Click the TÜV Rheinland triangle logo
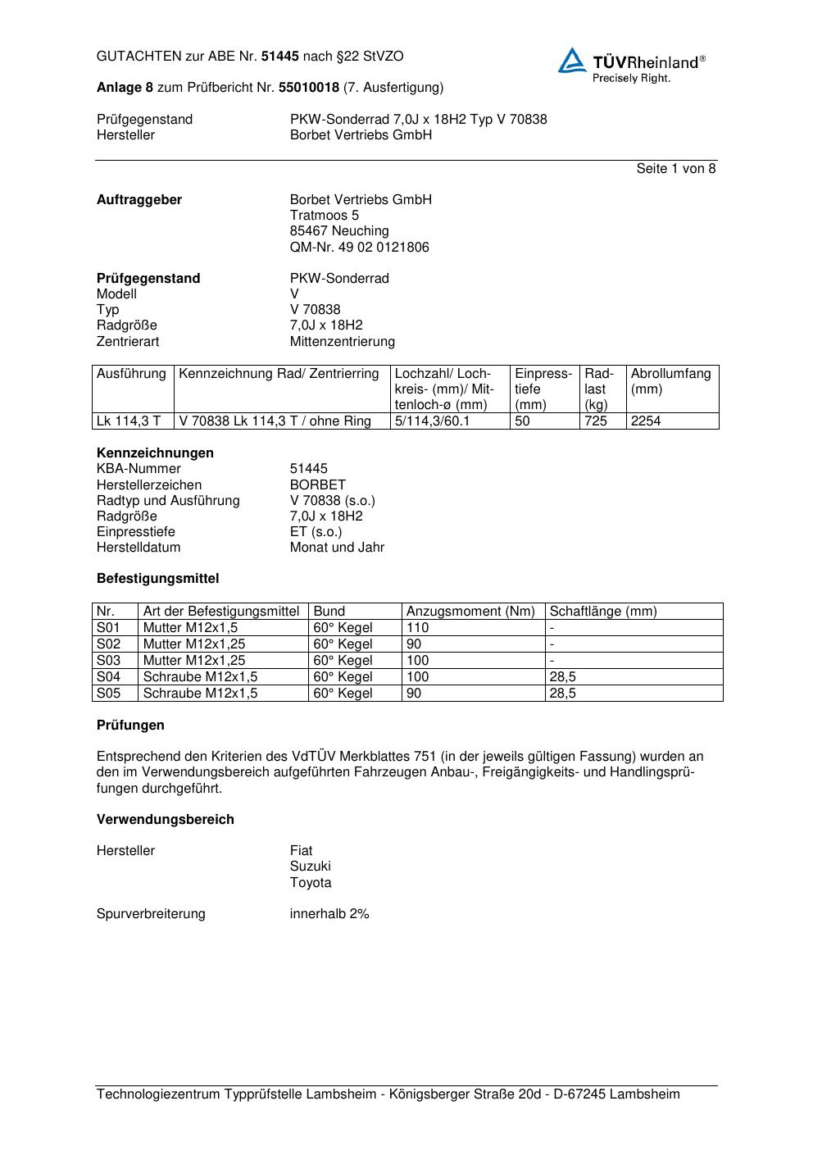[x=572, y=61]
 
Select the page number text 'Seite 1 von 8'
[x=675, y=169]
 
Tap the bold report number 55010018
[x=309, y=87]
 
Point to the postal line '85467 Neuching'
[x=339, y=231]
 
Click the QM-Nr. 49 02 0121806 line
[x=359, y=248]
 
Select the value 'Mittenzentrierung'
[x=342, y=342]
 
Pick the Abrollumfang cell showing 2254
[x=646, y=421]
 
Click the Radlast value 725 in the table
[x=596, y=421]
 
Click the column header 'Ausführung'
[x=131, y=374]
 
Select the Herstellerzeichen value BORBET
[x=318, y=485]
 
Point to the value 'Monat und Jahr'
[x=337, y=548]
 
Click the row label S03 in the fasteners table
[x=108, y=661]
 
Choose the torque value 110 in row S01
[x=417, y=628]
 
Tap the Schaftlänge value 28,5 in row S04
[x=562, y=677]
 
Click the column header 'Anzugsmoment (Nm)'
[x=470, y=612]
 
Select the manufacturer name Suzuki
[x=311, y=867]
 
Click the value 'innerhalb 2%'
[x=329, y=914]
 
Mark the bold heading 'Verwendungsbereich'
[x=166, y=820]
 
